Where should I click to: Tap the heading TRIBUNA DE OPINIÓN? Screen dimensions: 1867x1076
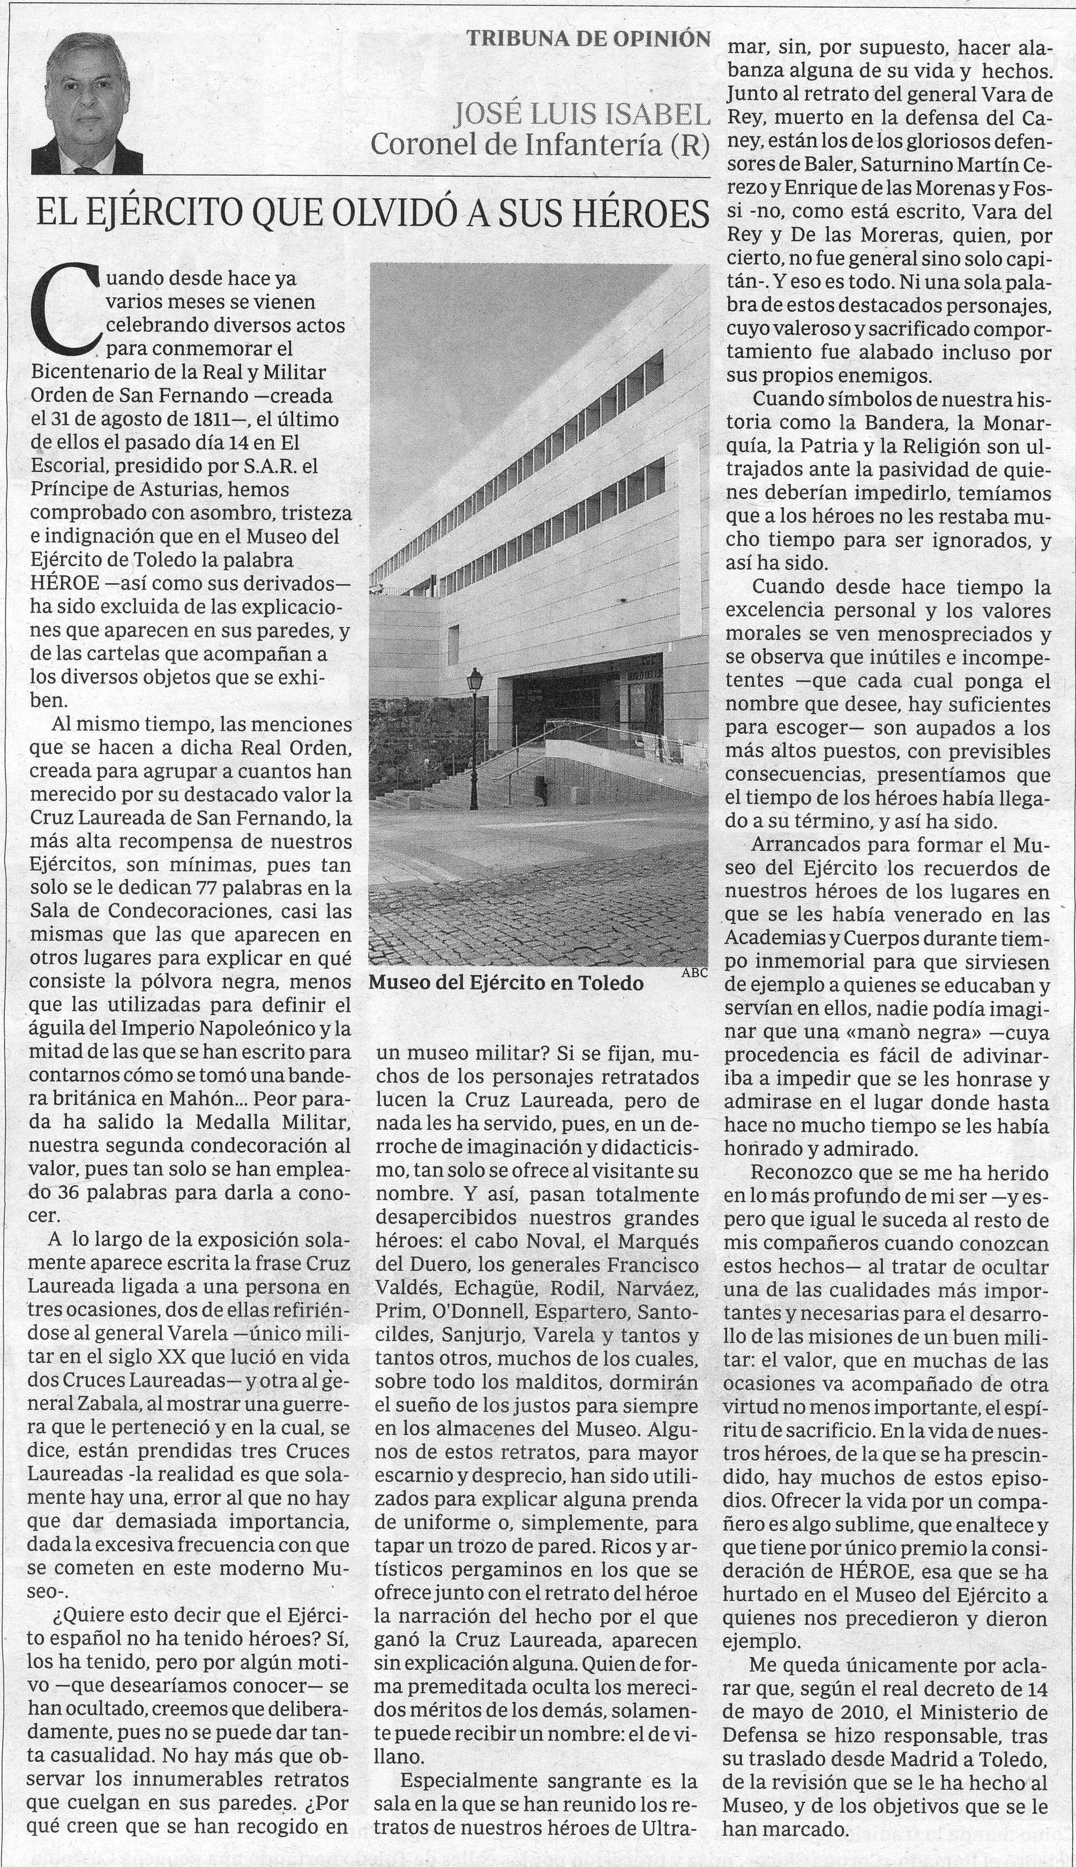589,39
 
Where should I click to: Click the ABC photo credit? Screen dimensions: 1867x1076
694,973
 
